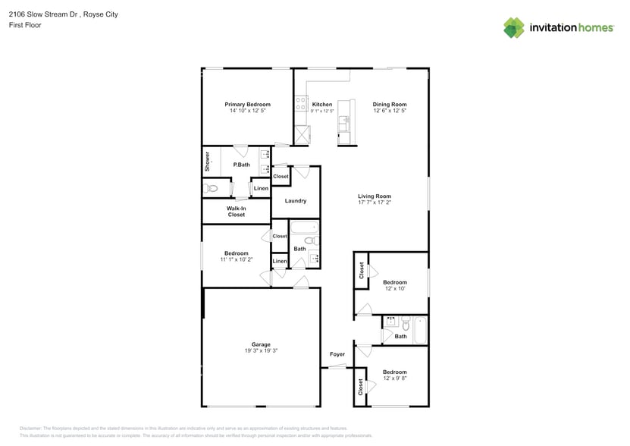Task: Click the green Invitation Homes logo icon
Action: [514, 27]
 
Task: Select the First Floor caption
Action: [26, 25]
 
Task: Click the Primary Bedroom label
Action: [247, 105]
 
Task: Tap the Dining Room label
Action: [390, 105]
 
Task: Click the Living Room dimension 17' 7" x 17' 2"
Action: [375, 203]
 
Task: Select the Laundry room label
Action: [295, 201]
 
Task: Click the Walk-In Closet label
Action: [236, 212]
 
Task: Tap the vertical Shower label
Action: [207, 162]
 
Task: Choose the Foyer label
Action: [337, 354]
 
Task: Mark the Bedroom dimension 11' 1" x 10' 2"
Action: [236, 259]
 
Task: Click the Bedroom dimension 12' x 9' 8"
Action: [394, 378]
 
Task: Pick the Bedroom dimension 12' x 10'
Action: [394, 289]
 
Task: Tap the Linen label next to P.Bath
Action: [260, 188]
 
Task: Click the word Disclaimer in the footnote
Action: [30, 429]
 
